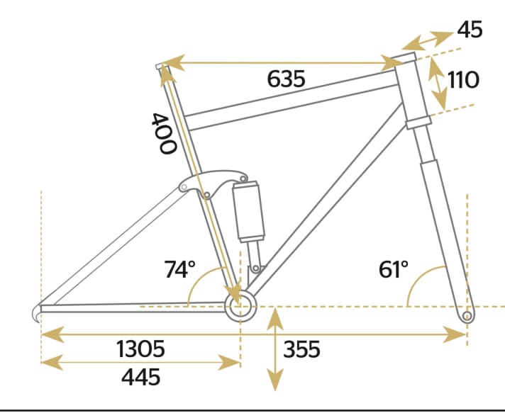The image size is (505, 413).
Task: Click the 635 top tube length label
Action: click(286, 79)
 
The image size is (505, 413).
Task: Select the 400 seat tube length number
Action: click(163, 133)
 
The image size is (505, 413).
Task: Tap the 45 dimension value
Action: click(470, 30)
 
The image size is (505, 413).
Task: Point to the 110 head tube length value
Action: click(463, 79)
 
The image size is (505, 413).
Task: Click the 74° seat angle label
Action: click(179, 269)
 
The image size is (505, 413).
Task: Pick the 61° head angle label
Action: click(394, 269)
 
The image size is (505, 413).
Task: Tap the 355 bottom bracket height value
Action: click(301, 349)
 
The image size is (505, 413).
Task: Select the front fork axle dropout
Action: click(467, 314)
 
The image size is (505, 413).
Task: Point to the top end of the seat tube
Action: click(160, 67)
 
